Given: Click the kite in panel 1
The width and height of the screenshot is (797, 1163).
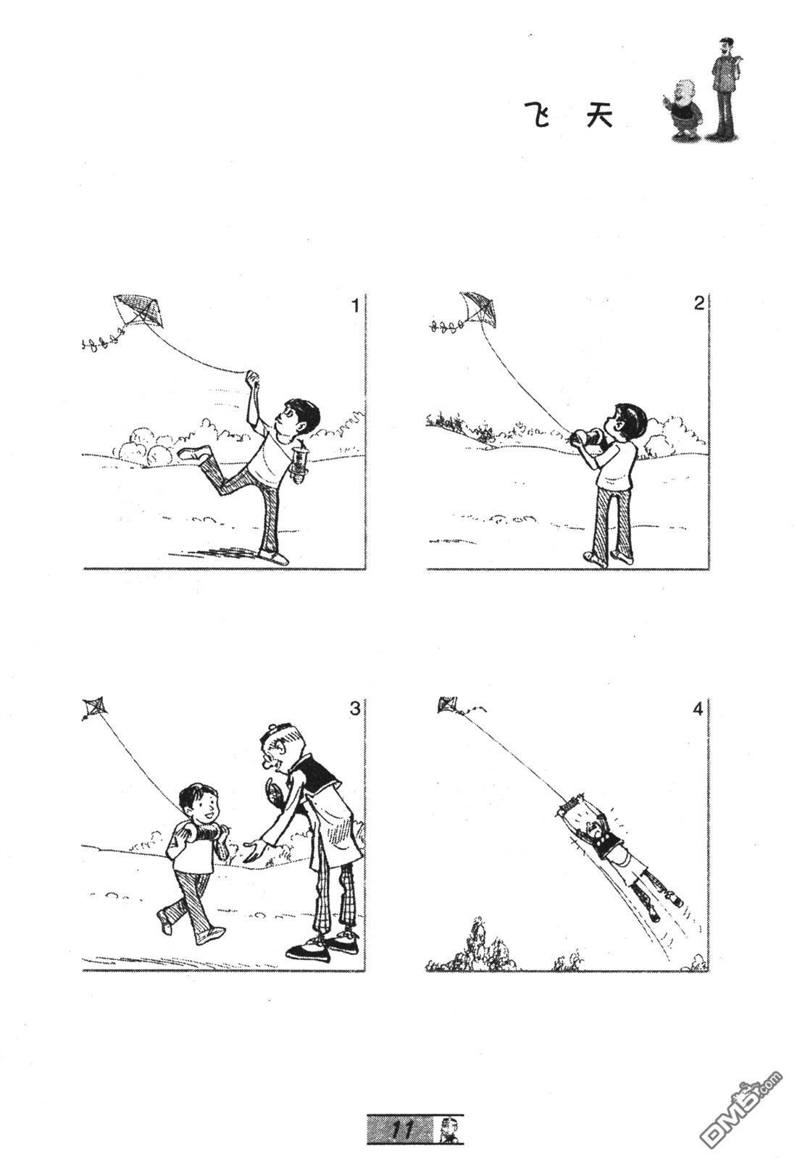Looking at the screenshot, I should tap(141, 310).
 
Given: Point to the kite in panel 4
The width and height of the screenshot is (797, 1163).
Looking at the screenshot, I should tap(447, 704).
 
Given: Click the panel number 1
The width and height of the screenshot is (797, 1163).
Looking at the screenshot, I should tap(355, 306).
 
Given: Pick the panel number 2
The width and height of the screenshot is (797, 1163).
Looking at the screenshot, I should tap(698, 304).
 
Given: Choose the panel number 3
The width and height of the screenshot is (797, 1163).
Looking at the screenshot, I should tap(355, 709).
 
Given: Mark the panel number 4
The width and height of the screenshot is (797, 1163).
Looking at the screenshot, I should tap(698, 709).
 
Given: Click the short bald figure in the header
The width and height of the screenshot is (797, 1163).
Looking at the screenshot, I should tap(683, 109).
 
